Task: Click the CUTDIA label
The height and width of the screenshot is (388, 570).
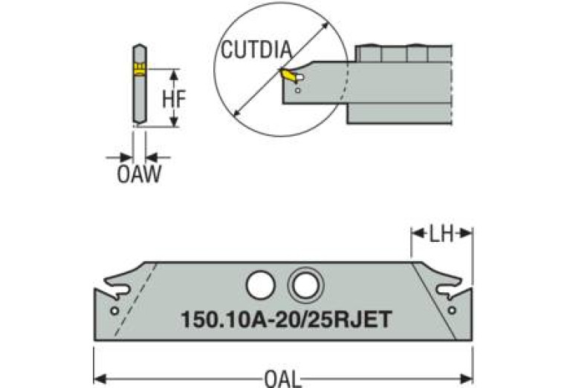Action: point(256,51)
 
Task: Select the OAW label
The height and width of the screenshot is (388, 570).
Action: point(139,175)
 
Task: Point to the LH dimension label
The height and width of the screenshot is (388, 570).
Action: point(441,234)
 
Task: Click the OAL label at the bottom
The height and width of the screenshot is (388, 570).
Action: point(282,380)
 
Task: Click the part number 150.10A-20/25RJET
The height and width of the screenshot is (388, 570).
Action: point(286,319)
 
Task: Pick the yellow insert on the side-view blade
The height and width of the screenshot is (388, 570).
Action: point(139,69)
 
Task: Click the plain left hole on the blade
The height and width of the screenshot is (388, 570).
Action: point(259,284)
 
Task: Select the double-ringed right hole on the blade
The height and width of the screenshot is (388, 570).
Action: point(305,284)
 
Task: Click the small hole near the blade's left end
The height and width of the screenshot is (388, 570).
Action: point(114,310)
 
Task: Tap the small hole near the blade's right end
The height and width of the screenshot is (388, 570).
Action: point(452,310)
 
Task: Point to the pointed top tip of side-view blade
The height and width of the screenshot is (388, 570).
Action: point(139,45)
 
